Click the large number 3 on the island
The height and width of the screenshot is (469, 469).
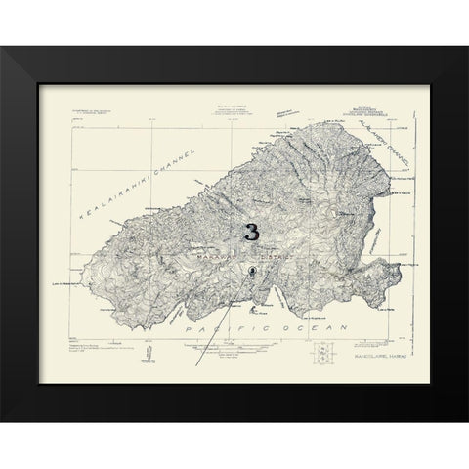coord(252,233)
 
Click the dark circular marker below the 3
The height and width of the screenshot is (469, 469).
coord(253,271)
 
